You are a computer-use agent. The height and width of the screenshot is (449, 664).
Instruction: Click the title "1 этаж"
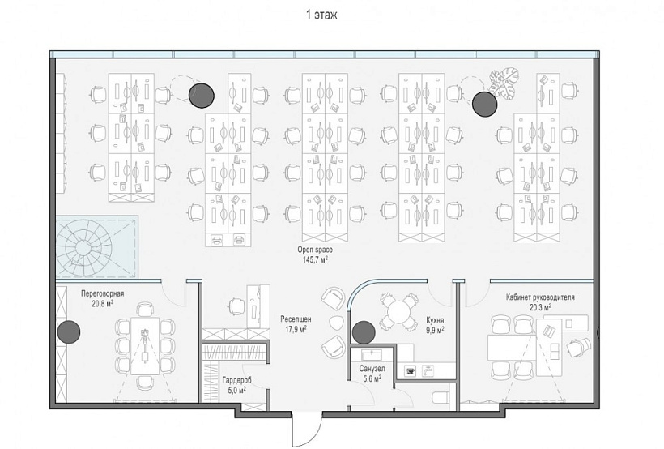(x=321, y=15)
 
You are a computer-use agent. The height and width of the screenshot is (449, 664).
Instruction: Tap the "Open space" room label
(x=315, y=250)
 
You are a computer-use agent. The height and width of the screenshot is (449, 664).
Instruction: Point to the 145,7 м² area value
(x=315, y=259)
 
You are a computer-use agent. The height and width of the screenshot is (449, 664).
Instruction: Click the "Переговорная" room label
(x=103, y=293)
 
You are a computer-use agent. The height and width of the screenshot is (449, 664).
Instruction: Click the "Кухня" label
(x=436, y=320)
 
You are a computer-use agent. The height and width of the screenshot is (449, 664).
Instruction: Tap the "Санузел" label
(x=372, y=369)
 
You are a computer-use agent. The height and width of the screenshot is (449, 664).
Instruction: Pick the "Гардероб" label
(x=236, y=380)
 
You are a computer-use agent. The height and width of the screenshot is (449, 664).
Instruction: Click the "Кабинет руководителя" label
(x=540, y=297)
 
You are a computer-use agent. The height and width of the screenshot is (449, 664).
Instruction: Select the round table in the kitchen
(x=399, y=312)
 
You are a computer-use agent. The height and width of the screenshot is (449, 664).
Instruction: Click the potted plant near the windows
(x=504, y=83)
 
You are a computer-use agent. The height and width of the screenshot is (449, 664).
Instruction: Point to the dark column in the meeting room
(x=68, y=331)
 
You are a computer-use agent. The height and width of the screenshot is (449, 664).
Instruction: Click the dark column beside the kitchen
(x=364, y=332)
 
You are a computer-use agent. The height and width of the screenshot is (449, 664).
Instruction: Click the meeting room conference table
(x=145, y=345)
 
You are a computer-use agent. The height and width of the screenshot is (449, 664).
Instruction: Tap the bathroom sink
(x=372, y=354)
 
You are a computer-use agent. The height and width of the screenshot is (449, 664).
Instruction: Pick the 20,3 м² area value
(x=540, y=307)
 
